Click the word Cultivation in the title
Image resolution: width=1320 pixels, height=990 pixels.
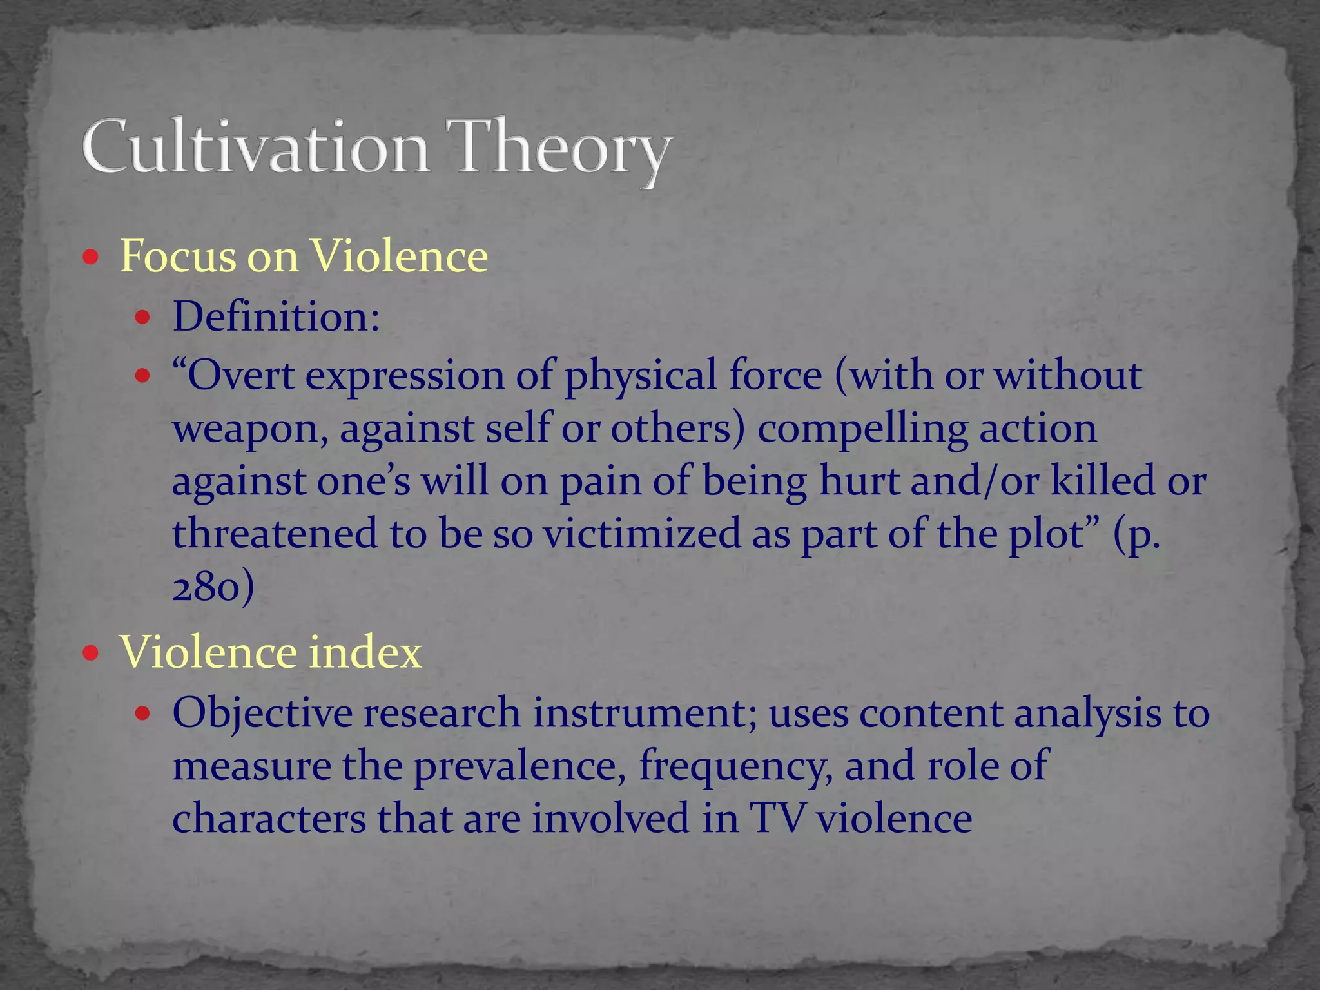pos(255,147)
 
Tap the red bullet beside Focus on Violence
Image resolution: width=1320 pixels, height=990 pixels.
pos(91,258)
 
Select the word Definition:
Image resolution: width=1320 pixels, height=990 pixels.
pos(276,317)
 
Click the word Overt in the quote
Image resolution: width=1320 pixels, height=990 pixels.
pos(235,375)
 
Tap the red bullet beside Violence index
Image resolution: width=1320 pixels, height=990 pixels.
pos(91,654)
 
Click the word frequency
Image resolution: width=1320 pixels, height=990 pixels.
pos(735,767)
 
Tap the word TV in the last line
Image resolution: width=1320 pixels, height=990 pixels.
pos(777,819)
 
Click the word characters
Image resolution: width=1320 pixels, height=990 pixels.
pos(269,819)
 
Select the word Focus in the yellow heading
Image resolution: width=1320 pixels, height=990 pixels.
pos(179,257)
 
